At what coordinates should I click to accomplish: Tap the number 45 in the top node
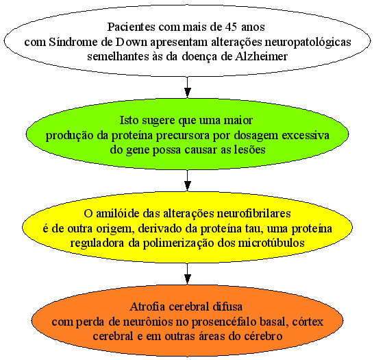[231, 27]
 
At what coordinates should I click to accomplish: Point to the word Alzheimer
[261, 57]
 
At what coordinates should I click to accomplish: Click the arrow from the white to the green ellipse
[188, 87]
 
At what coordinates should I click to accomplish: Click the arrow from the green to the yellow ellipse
[188, 180]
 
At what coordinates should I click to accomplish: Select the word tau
[255, 229]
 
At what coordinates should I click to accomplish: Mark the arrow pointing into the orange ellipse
[188, 274]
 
